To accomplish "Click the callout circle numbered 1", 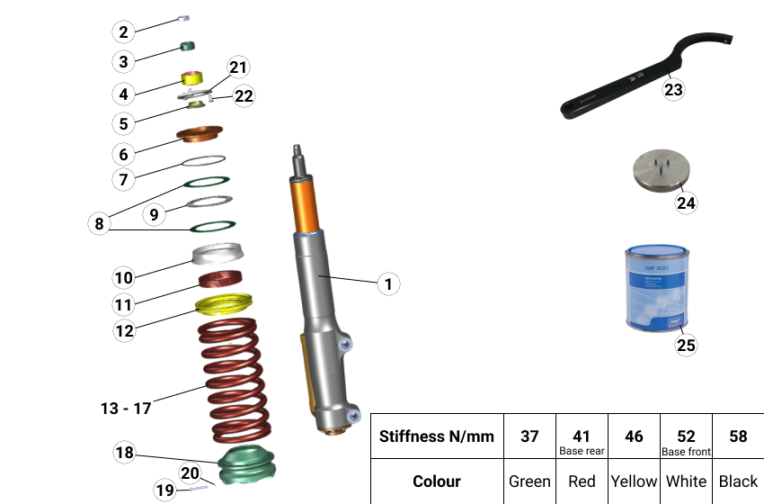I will (x=387, y=284).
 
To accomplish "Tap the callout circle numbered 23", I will (x=673, y=89).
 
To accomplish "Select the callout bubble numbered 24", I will (x=686, y=203).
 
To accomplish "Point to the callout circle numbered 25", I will (x=686, y=344).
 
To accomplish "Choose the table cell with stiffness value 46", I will (x=634, y=436).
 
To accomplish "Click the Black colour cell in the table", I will (x=738, y=481).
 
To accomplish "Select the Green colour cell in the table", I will (x=529, y=481).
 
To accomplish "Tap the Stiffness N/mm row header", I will (x=437, y=436).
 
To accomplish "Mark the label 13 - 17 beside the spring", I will (x=125, y=408).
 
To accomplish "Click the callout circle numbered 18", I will (x=125, y=452).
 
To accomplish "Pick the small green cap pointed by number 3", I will (x=189, y=46).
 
